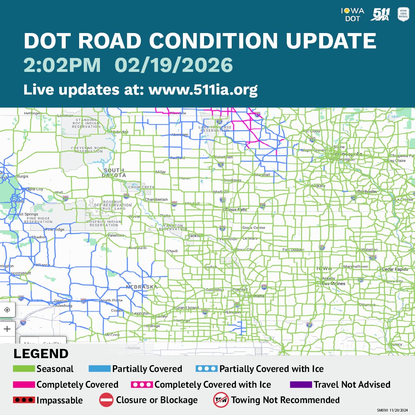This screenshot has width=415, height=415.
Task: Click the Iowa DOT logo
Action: coord(352,14)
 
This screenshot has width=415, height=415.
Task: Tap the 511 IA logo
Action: coord(380,14)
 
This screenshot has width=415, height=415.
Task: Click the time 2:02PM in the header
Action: coord(62,65)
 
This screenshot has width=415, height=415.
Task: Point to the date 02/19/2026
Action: coord(174,65)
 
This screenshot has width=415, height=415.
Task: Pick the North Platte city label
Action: coord(111,300)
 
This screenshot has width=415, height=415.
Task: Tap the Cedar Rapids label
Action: coord(396,269)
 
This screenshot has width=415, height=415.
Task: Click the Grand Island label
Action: coord(187,308)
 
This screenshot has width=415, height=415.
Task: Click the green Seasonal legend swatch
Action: coord(24,369)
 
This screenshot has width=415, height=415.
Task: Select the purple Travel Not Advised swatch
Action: coord(300,385)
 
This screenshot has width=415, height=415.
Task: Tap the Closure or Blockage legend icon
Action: coord(106,400)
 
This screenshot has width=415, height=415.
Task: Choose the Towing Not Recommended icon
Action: coord(221,400)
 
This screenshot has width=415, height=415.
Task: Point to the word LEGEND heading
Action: coord(41,354)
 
